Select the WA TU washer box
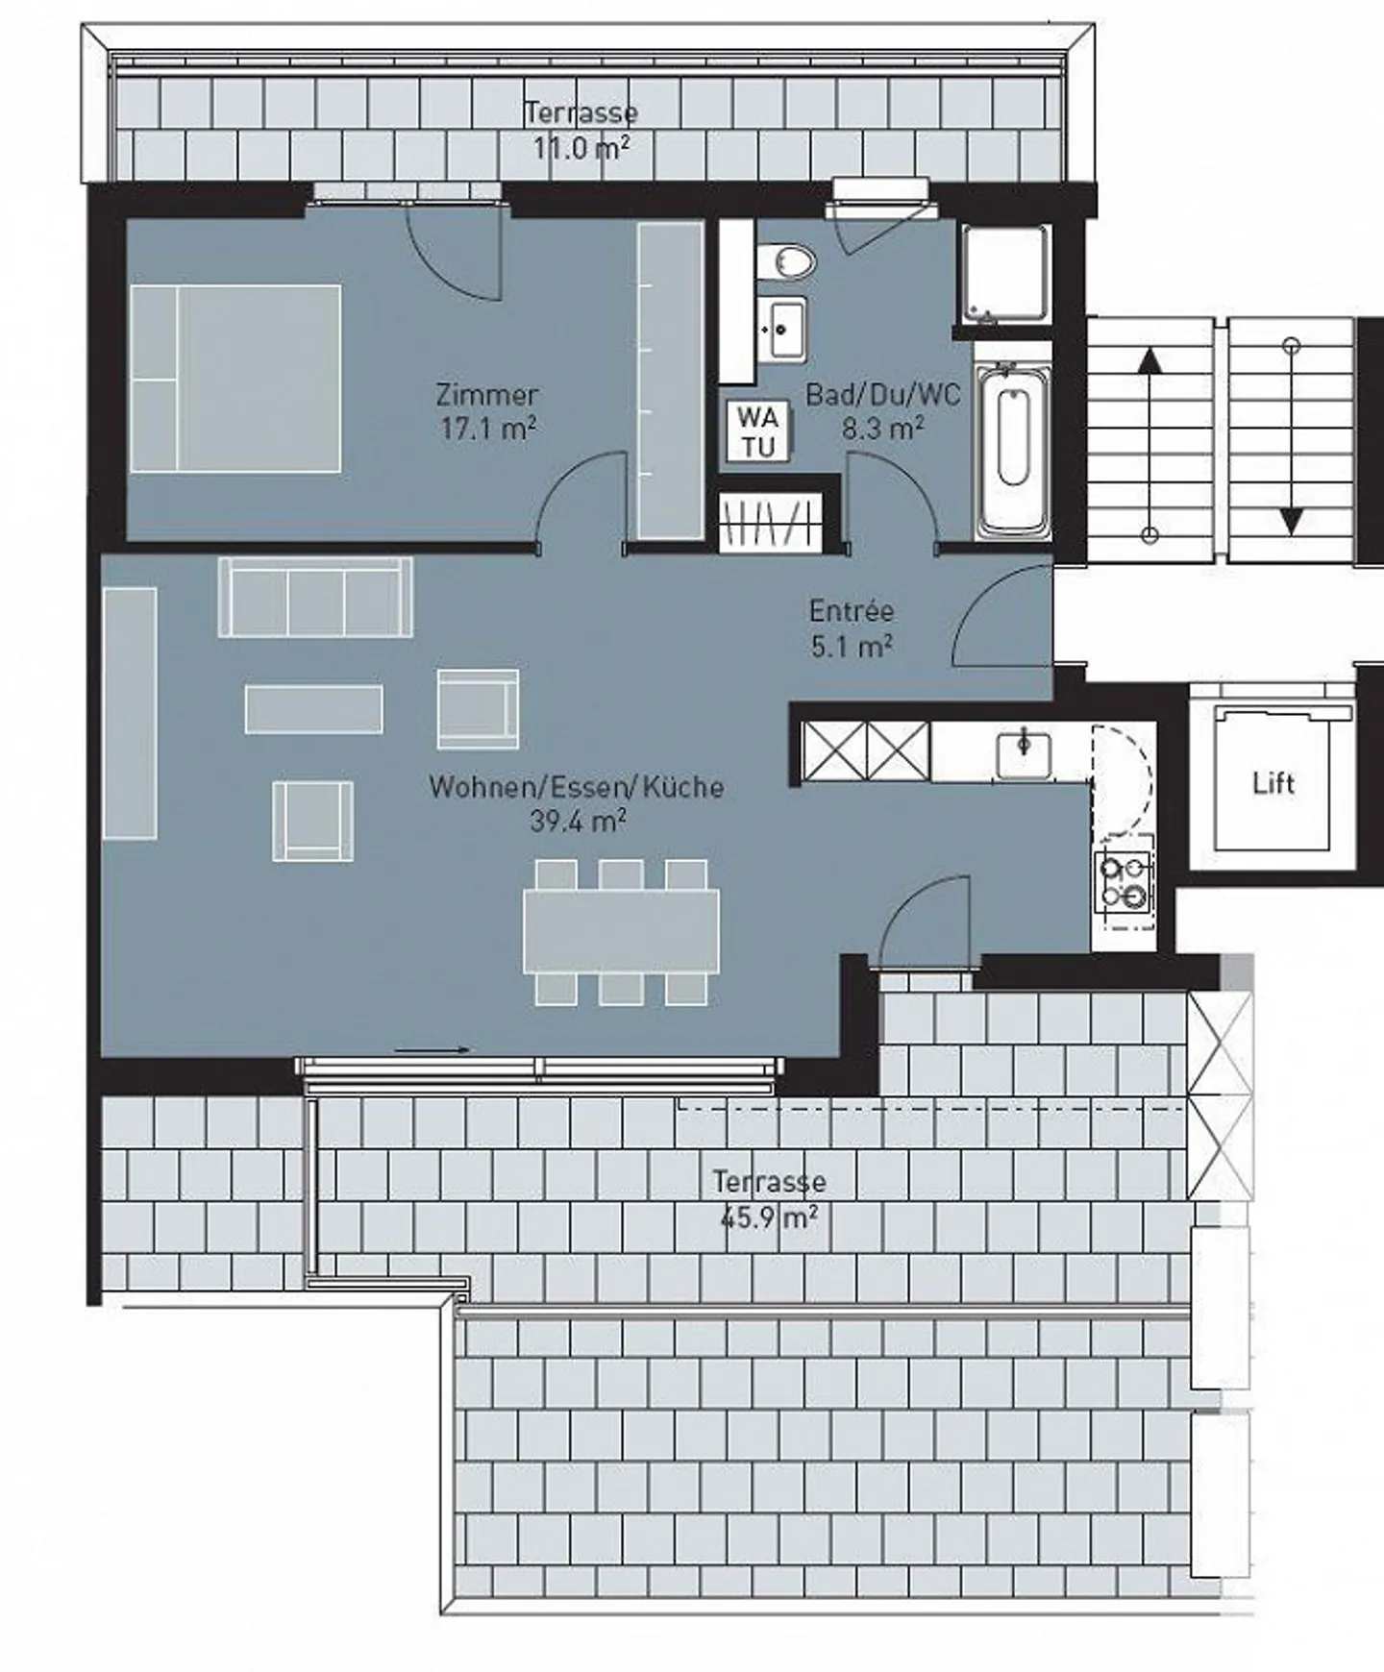point(758,431)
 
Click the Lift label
point(1273,783)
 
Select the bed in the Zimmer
point(235,378)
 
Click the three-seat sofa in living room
point(316,597)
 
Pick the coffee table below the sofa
point(313,709)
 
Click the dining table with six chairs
point(621,930)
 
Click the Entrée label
point(851,611)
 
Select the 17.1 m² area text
point(487,429)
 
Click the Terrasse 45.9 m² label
point(769,1199)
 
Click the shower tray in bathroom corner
point(1005,274)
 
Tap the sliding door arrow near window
point(432,1050)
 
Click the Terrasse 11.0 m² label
point(581,130)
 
